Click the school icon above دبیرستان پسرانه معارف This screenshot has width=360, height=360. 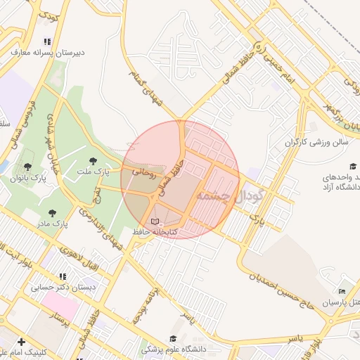tap(47, 41)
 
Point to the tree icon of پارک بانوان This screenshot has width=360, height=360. tap(27, 167)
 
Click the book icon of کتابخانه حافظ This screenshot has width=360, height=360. tap(155, 221)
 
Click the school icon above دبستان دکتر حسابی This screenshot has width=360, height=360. tap(63, 277)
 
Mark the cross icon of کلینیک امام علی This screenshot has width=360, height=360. tap(21, 342)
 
